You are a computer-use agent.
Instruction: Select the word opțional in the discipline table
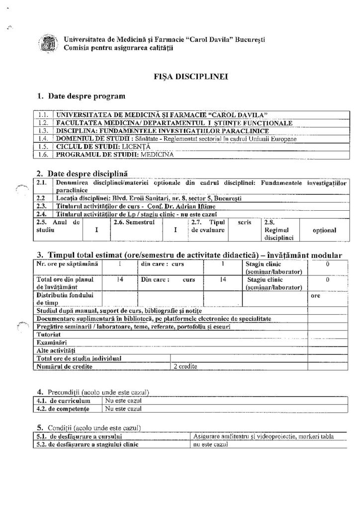point(324,231)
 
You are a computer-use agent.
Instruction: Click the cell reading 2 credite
point(185,367)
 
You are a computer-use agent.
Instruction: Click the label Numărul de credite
point(64,367)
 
